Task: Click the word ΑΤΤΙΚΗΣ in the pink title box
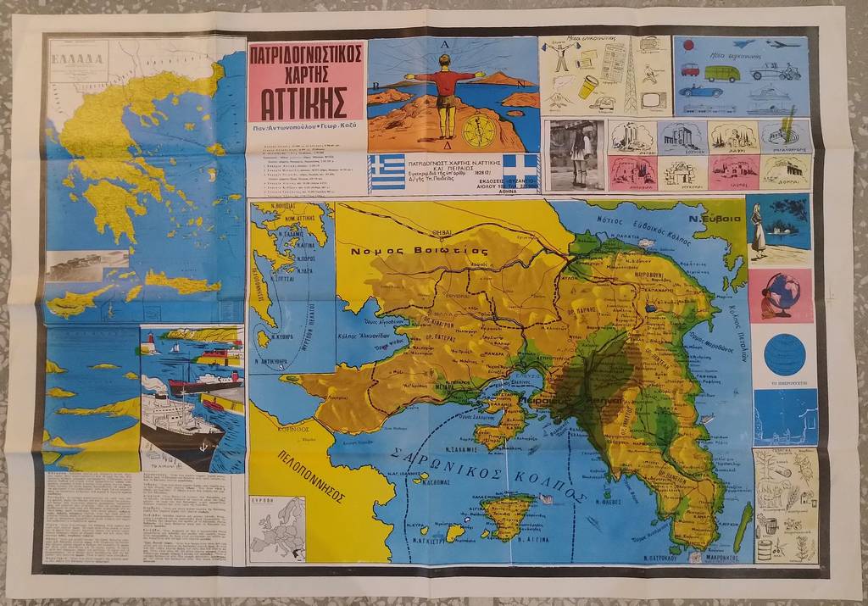(306, 102)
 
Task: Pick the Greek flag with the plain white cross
(520, 170)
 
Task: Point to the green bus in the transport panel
(721, 74)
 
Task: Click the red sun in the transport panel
(687, 45)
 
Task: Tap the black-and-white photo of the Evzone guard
(576, 155)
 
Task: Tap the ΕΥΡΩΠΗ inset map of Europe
(276, 527)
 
